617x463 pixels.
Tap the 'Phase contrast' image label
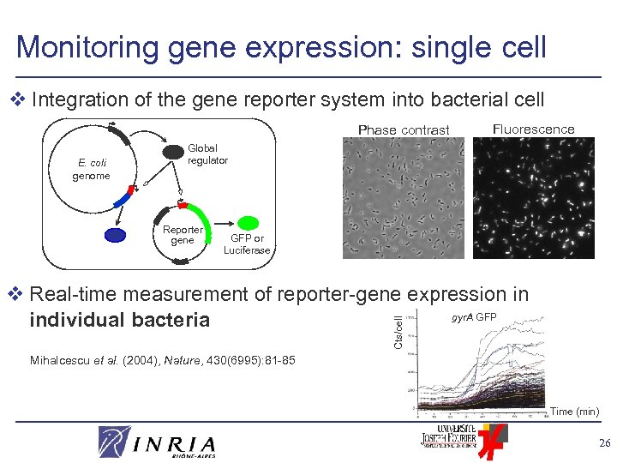point(404,130)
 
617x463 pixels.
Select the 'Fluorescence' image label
point(533,129)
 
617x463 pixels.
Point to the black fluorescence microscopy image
point(533,198)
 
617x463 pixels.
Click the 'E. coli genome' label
point(91,170)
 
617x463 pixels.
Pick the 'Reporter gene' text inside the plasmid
point(183,235)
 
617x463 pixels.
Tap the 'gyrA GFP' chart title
point(473,318)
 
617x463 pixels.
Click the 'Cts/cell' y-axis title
point(398,331)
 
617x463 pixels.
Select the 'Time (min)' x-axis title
point(573,412)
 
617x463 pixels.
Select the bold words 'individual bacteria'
point(119,320)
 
